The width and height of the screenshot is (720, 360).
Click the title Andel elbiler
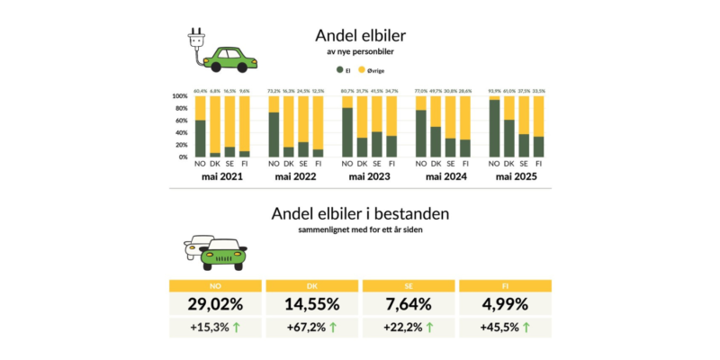point(359,35)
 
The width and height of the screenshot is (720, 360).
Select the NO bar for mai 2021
point(200,126)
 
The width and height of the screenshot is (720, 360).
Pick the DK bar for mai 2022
point(288,126)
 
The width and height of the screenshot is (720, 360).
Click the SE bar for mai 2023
point(377,126)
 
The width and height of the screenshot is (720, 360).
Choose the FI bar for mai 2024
point(465,126)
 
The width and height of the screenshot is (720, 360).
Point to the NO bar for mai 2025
point(494,126)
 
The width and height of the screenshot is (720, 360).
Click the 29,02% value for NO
point(216,304)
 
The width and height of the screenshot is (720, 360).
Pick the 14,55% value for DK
point(311,304)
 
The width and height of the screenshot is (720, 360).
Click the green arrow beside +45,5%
point(526,328)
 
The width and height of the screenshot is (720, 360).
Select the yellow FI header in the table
point(504,285)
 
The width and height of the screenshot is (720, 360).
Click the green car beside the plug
point(229,58)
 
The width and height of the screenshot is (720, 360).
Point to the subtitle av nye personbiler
point(359,54)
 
